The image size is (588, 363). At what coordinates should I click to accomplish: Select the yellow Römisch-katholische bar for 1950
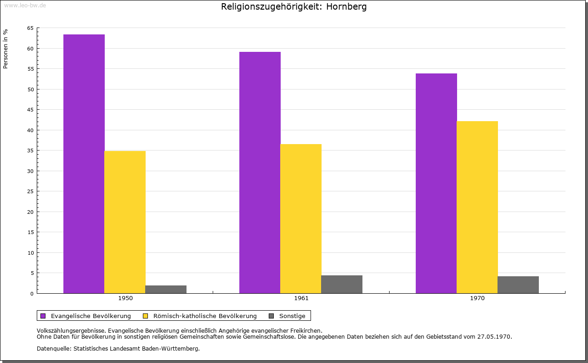[x=125, y=222]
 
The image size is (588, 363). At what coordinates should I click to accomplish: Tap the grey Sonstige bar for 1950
[x=166, y=289]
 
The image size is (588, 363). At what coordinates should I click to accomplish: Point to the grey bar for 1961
[x=342, y=284]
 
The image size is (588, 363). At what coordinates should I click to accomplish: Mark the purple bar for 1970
[x=436, y=183]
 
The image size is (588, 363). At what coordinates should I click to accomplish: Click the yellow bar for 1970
[x=477, y=207]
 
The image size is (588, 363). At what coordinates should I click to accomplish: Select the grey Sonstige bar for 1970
[x=518, y=285]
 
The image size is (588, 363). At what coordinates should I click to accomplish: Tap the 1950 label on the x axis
[x=125, y=298]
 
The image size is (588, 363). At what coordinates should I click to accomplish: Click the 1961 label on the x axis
[x=301, y=298]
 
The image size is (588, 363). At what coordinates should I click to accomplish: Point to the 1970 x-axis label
[x=477, y=298]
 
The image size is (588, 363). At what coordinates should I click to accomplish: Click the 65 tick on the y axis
[x=30, y=28]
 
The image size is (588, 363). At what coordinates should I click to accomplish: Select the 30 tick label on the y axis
[x=30, y=171]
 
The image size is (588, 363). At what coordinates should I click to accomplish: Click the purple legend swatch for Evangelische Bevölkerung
[x=43, y=316]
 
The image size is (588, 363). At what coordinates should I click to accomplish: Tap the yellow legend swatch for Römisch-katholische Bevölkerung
[x=146, y=316]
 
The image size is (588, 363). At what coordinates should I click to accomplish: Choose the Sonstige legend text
[x=292, y=316]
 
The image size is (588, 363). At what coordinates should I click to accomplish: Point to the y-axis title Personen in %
[x=6, y=49]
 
